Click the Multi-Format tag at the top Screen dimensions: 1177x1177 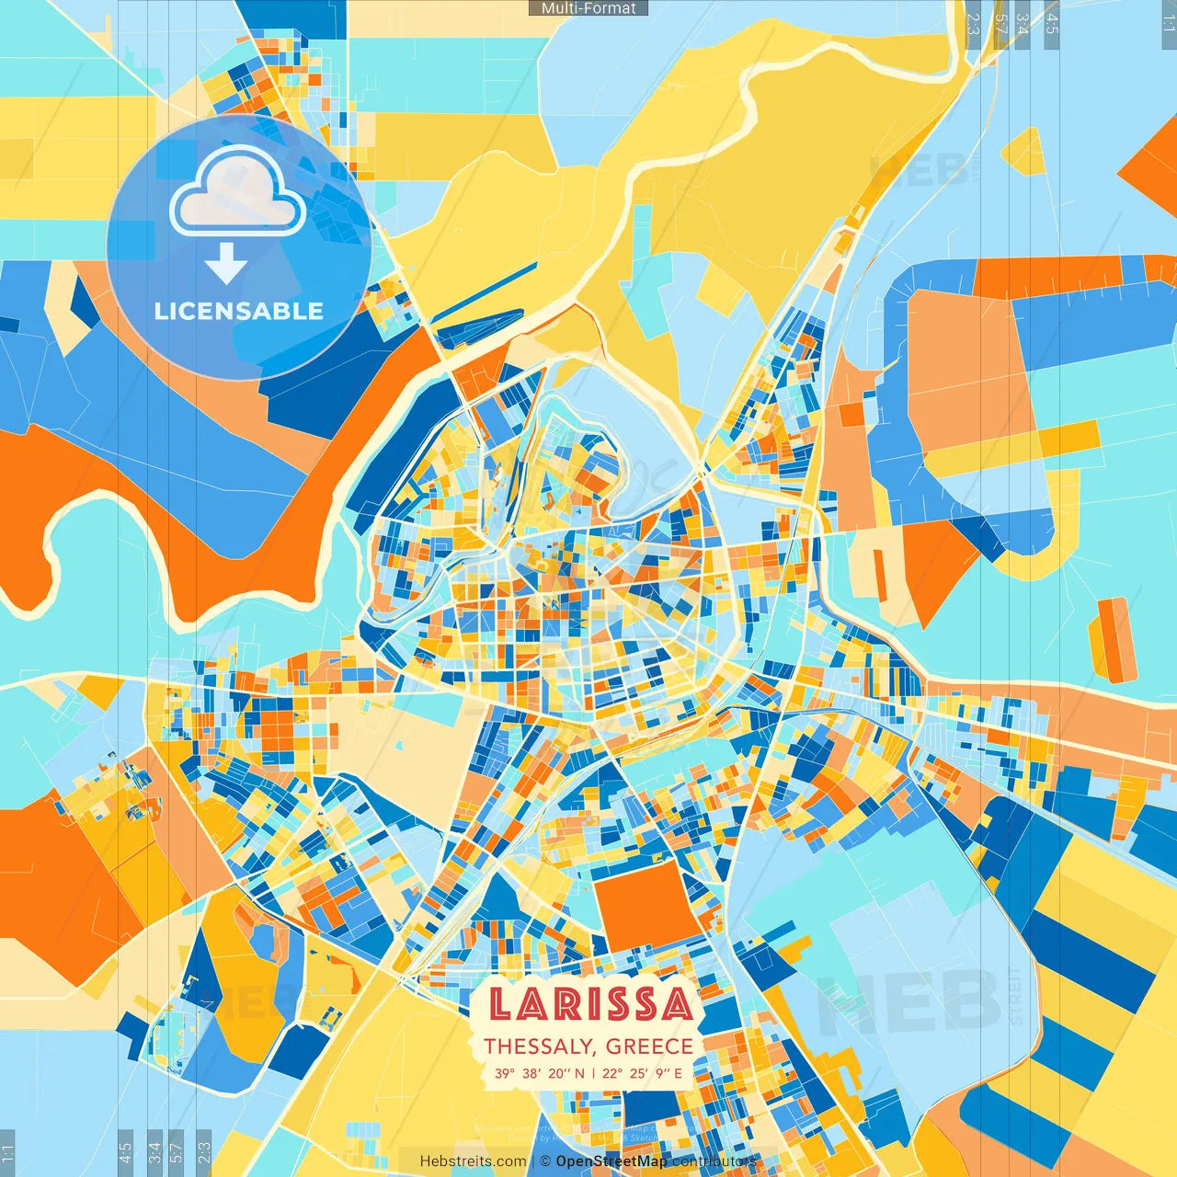click(x=588, y=8)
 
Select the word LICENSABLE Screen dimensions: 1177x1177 click(x=238, y=311)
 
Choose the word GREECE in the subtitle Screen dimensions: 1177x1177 click(x=650, y=1046)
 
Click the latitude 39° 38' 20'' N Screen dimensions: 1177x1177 click(x=539, y=1073)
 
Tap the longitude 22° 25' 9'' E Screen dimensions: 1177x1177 click(x=643, y=1073)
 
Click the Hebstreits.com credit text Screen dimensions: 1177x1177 click(x=473, y=1161)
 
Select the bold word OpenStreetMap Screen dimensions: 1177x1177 click(x=611, y=1161)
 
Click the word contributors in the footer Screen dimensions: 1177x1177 click(x=714, y=1161)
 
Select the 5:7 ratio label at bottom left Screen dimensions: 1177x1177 click(x=177, y=1152)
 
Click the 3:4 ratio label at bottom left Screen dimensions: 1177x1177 click(x=154, y=1152)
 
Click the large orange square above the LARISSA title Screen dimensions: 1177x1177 click(x=646, y=906)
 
